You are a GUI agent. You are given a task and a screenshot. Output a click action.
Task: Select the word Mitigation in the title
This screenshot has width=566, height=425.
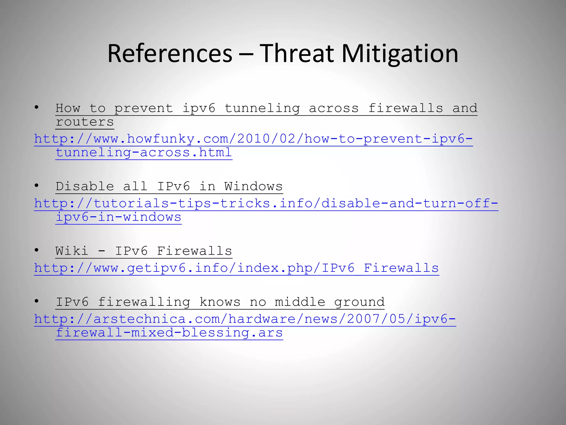pyautogui.click(x=400, y=54)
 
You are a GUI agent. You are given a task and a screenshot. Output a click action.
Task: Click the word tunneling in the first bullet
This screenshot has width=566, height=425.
pyautogui.click(x=262, y=108)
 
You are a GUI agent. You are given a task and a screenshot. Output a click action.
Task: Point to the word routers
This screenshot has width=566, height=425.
pyautogui.click(x=85, y=122)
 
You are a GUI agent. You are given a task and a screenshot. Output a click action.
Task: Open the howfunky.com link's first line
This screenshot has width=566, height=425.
pyautogui.click(x=253, y=139)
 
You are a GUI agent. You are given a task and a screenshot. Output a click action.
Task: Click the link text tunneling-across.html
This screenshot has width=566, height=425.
pyautogui.click(x=144, y=152)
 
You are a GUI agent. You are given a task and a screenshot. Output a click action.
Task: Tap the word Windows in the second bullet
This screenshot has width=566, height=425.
pyautogui.click(x=253, y=186)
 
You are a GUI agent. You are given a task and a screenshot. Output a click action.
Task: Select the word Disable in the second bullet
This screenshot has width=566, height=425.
pyautogui.click(x=85, y=186)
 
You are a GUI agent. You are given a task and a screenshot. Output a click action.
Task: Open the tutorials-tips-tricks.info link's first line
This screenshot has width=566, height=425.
pyautogui.click(x=266, y=203)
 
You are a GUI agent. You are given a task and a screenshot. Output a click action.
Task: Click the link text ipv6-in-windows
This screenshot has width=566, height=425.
pyautogui.click(x=119, y=217)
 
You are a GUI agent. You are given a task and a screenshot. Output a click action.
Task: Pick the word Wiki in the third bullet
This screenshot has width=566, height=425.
pyautogui.click(x=72, y=251)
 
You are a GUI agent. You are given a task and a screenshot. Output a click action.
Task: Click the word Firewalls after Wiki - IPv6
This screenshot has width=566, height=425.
pyautogui.click(x=195, y=251)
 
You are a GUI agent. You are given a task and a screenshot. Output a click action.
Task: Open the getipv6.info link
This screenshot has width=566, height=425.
pyautogui.click(x=237, y=268)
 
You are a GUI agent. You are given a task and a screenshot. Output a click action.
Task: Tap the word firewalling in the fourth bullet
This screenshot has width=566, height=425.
pyautogui.click(x=144, y=302)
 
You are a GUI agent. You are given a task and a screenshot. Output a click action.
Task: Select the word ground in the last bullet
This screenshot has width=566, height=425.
pyautogui.click(x=359, y=302)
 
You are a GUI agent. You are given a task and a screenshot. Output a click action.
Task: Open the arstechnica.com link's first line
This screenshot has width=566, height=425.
pyautogui.click(x=245, y=319)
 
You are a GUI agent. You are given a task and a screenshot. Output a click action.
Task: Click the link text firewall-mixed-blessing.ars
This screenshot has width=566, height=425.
pyautogui.click(x=169, y=333)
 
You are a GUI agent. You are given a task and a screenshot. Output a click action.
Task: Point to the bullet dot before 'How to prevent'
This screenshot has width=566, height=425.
pyautogui.click(x=36, y=107)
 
